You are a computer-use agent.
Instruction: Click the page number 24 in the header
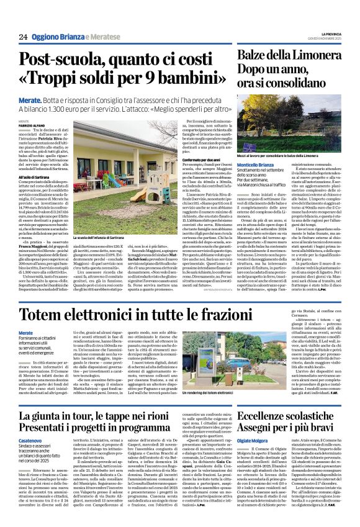(24, 37)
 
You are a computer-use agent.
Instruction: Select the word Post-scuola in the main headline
(82, 60)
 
